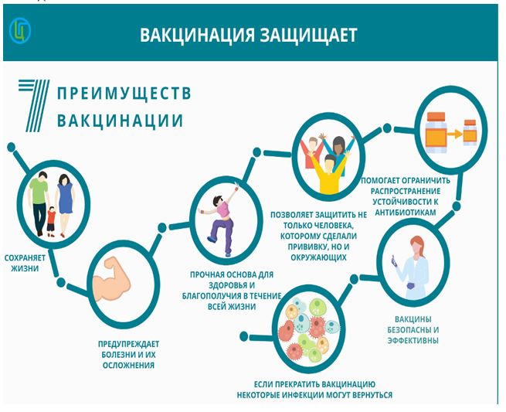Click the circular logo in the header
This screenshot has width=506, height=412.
20,31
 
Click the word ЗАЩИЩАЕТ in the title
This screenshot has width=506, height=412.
308,35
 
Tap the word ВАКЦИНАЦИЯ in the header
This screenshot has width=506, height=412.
198,35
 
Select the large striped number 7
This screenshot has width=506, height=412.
34,105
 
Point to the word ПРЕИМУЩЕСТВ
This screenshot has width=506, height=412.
124,93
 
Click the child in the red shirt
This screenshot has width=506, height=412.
51,222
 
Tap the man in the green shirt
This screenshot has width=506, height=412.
39,203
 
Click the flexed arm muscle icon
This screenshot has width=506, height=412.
111,279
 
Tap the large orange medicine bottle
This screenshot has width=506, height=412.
436,133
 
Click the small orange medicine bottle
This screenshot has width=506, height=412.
470,132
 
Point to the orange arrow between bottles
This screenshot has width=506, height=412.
455,134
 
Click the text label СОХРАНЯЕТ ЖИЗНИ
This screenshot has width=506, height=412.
25,263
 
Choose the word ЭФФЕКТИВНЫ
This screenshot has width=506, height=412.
413,341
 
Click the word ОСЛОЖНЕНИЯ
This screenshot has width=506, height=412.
128,366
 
